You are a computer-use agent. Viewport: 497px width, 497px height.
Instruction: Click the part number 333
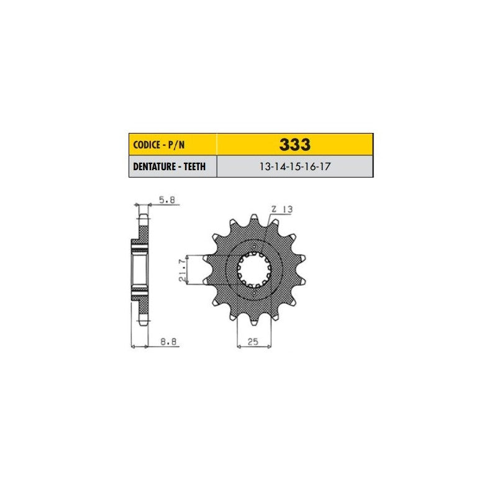294,145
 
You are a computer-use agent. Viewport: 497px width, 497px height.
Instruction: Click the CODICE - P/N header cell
173,145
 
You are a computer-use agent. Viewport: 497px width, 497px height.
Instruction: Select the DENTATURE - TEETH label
169,166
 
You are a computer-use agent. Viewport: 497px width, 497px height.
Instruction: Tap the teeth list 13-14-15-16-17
294,166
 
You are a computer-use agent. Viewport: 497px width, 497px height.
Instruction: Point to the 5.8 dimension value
166,200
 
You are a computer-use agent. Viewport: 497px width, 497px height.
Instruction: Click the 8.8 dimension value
168,342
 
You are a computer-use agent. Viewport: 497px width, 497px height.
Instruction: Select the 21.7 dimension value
183,270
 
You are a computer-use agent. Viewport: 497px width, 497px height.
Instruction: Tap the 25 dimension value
253,342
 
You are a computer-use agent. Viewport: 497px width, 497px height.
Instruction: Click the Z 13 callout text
282,209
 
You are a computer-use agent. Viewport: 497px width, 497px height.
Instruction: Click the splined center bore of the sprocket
254,270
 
